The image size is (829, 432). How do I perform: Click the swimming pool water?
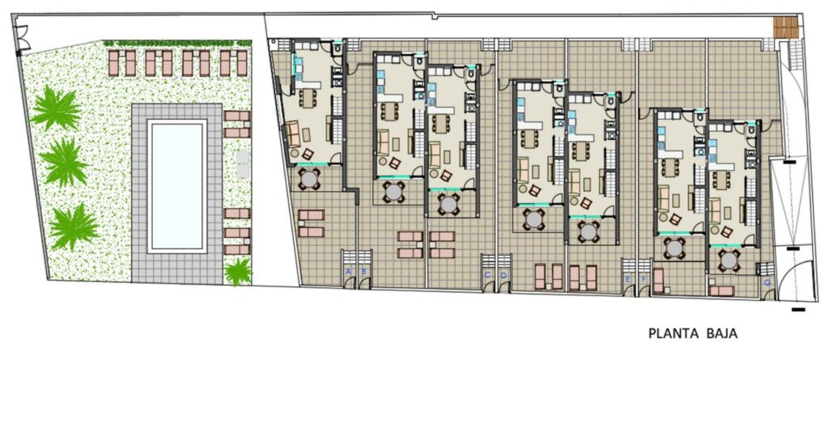176,185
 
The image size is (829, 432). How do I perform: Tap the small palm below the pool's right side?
238,272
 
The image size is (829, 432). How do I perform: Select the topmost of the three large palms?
56,108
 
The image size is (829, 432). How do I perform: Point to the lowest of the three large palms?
74,226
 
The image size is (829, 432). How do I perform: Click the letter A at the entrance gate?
349,272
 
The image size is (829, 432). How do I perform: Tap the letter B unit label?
364,272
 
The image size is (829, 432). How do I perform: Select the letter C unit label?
487,275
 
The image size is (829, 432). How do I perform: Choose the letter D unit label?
503,275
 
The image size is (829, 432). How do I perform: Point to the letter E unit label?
628,279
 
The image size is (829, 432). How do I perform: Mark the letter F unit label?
644,279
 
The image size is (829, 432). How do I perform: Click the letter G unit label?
767,283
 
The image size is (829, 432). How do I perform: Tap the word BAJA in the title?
721,332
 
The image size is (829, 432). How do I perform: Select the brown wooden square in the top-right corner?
785,28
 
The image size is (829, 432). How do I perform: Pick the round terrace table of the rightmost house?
729,260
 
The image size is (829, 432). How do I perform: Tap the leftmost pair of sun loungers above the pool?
121,62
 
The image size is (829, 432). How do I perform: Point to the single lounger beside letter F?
658,280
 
